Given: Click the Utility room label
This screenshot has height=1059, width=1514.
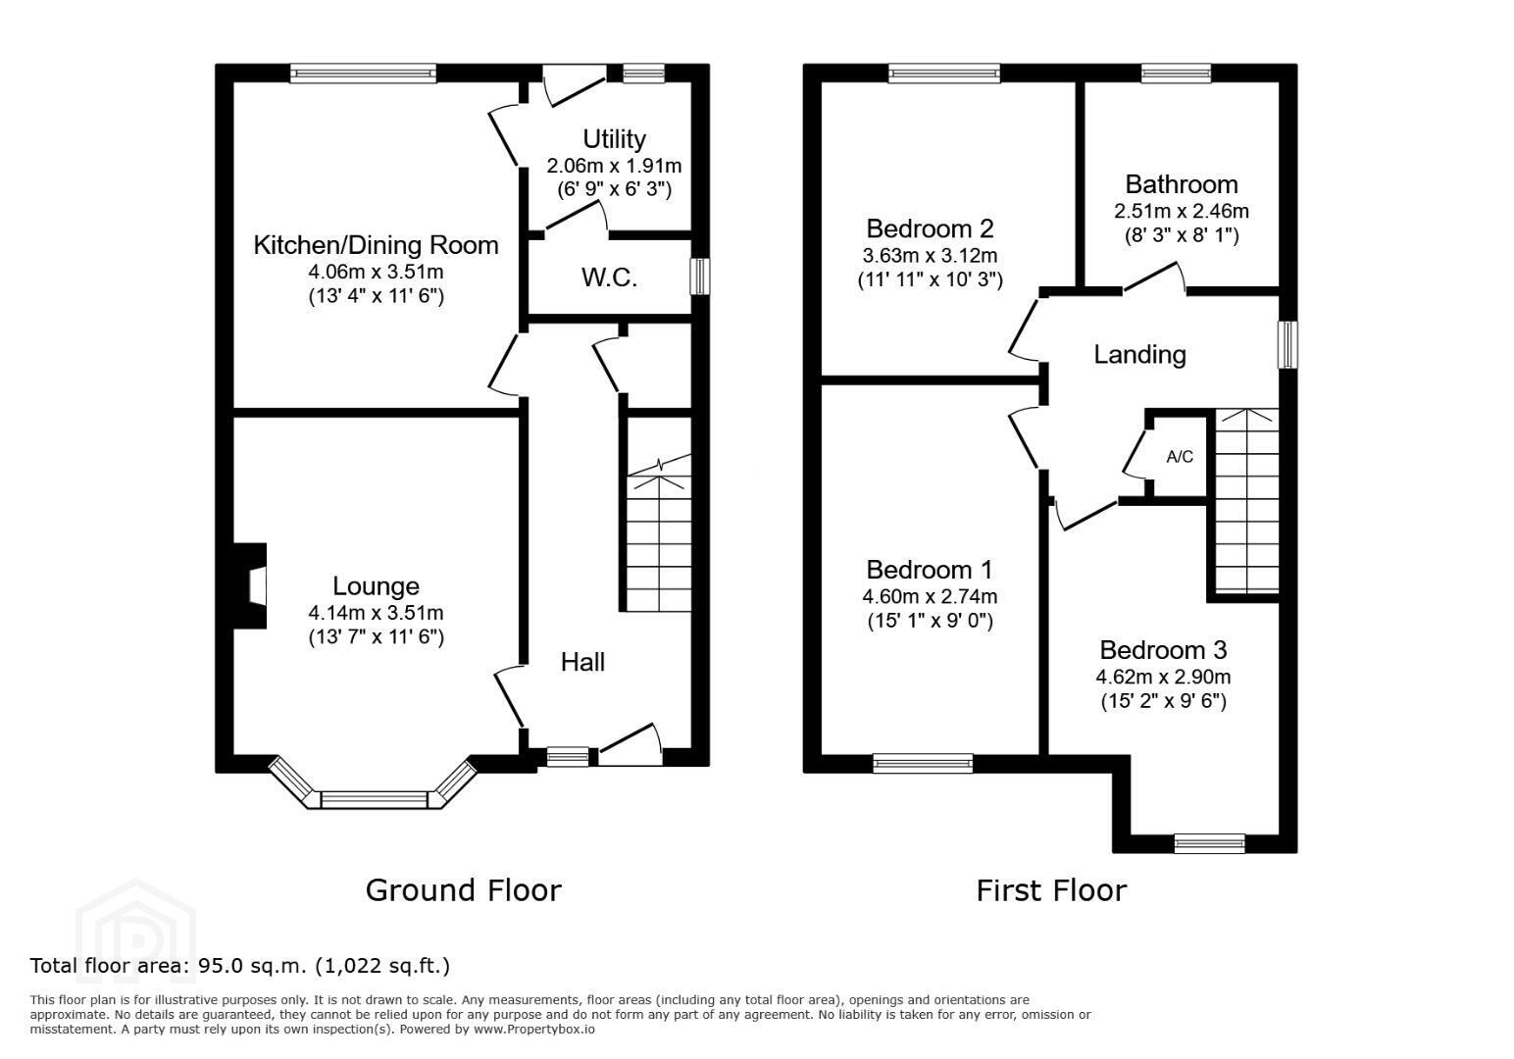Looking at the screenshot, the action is (614, 139).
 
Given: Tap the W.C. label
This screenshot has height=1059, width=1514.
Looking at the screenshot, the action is (609, 277).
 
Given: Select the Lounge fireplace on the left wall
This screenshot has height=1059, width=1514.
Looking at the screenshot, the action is (250, 586).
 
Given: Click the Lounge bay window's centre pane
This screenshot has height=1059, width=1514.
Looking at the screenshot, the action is (375, 800).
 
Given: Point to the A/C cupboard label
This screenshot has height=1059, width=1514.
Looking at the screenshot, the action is (1180, 457).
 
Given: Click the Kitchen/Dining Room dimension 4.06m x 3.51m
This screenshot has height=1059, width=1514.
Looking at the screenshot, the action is (376, 272).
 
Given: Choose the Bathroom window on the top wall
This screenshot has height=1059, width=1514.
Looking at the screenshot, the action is (1176, 73).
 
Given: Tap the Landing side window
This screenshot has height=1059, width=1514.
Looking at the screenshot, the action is (1288, 344).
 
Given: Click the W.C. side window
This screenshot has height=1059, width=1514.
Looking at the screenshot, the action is (700, 276).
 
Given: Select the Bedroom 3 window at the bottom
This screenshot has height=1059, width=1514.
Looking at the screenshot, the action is (1209, 843).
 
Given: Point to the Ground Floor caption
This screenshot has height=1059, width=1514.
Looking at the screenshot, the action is (464, 890).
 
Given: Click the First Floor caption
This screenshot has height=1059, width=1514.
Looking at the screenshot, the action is (1052, 890).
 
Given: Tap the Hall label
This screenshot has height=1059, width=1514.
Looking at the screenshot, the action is (582, 662).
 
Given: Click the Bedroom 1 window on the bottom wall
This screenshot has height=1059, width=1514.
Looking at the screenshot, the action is (923, 764).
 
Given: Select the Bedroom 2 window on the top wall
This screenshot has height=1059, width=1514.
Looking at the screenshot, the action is (943, 73).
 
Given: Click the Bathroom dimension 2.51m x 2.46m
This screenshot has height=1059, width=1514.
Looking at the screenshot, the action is (1181, 211).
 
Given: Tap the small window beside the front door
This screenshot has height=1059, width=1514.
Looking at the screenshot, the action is (568, 757).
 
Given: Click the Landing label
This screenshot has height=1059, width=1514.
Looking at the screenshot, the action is (1139, 354).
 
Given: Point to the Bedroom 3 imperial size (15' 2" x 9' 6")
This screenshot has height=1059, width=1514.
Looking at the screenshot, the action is (1163, 701).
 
